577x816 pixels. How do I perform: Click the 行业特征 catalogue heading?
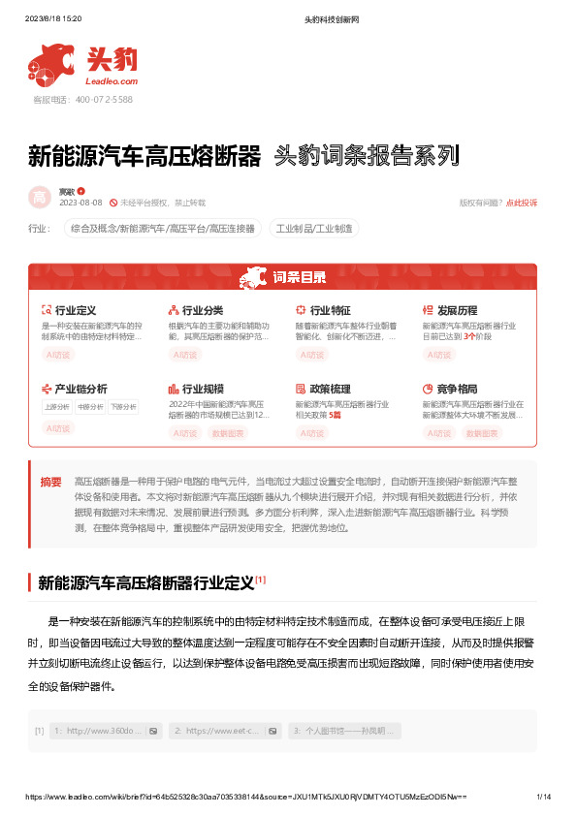point(330,310)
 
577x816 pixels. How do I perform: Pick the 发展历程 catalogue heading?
point(457,310)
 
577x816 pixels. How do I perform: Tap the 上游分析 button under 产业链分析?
point(57,406)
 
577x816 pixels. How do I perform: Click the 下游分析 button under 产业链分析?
point(122,406)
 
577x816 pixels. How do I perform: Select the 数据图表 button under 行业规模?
point(228,433)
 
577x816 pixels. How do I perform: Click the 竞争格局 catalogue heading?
point(457,388)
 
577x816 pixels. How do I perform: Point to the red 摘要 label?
point(50,482)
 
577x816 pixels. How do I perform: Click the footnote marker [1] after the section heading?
point(261,580)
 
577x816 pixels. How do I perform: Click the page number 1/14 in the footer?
point(543,797)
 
